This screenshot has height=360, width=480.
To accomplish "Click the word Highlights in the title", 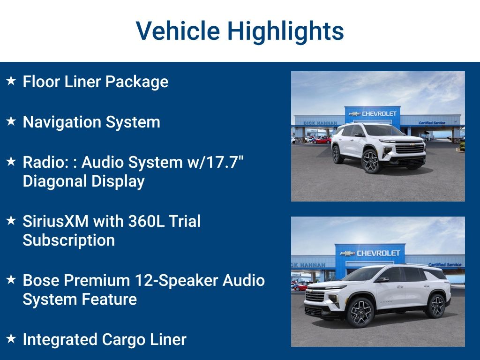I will [285, 31].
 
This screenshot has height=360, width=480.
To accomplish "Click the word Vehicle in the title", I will [178, 31].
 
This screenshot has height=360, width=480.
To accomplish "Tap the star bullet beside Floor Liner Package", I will [11, 81].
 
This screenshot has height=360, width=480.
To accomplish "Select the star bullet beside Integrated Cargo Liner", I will [11, 338].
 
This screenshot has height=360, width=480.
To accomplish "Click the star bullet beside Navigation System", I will [11, 121].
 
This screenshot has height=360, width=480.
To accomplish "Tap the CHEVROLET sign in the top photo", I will [379, 113].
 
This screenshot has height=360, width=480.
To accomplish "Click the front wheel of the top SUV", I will [371, 161].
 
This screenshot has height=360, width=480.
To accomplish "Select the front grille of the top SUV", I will [410, 149].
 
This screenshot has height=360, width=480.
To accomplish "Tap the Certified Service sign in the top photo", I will [432, 123].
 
